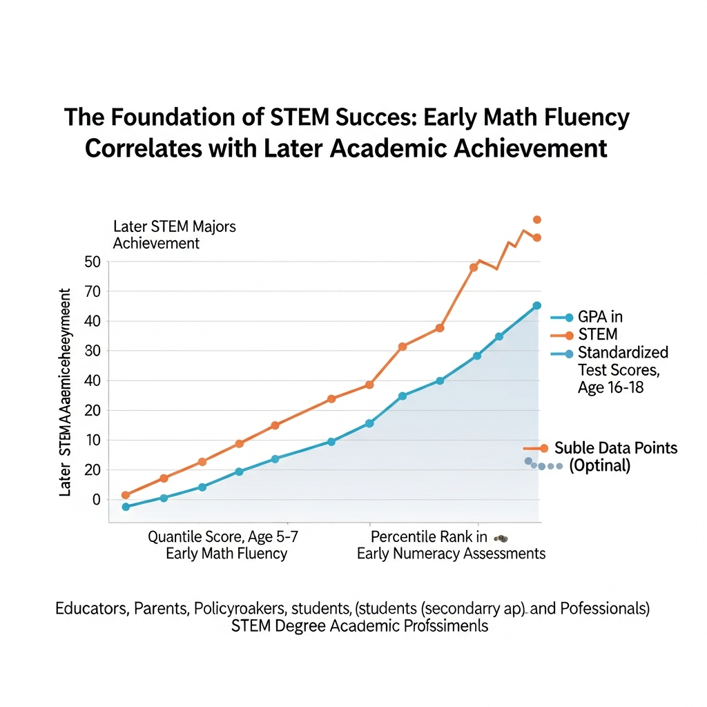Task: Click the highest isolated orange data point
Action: pyautogui.click(x=536, y=220)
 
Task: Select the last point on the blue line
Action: pyautogui.click(x=536, y=305)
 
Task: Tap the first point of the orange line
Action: pyautogui.click(x=126, y=495)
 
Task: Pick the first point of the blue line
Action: pyautogui.click(x=126, y=507)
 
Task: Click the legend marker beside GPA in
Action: pyautogui.click(x=568, y=318)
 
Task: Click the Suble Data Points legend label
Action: pyautogui.click(x=616, y=448)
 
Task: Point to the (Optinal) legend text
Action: pyautogui.click(x=599, y=465)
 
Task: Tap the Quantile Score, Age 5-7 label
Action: pyautogui.click(x=224, y=536)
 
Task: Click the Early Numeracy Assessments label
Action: pyautogui.click(x=451, y=554)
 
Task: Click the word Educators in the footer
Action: pyautogui.click(x=89, y=609)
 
